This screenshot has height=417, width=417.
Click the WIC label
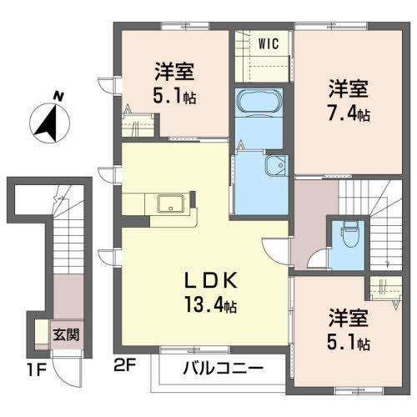click(x=269, y=43)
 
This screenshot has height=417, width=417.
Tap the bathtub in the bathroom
click(x=259, y=102)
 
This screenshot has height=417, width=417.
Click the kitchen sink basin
click(x=170, y=203)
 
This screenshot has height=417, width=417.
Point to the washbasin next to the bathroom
click(x=276, y=166)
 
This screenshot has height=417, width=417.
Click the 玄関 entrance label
click(x=67, y=334)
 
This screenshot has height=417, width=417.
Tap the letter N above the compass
click(x=58, y=96)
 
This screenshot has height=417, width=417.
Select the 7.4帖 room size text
click(x=349, y=114)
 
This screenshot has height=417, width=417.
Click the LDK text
click(x=211, y=280)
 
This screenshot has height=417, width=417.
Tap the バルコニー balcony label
click(x=223, y=369)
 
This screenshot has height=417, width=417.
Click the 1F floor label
click(x=37, y=370)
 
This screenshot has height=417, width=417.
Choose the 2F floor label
click(x=125, y=365)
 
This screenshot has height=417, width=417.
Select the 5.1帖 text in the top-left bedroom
click(x=174, y=96)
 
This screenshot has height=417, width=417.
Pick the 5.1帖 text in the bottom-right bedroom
click(x=349, y=344)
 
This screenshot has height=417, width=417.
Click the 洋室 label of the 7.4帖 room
click(x=349, y=89)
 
